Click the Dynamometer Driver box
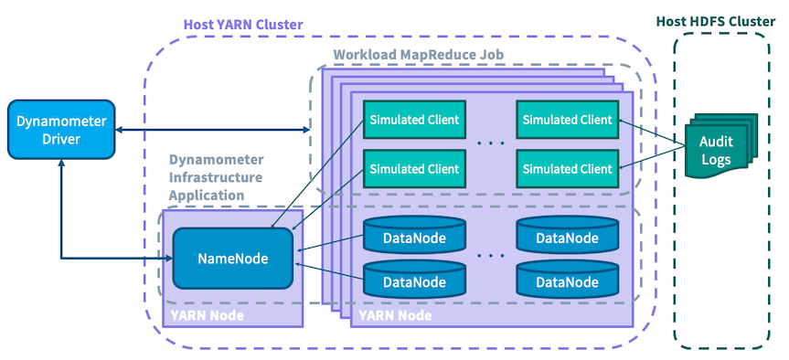point(60,129)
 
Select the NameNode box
point(233,259)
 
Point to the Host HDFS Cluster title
point(721,20)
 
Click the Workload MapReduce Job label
point(418,55)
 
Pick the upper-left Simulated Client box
point(413,120)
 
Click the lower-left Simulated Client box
point(413,168)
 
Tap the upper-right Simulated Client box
point(564,120)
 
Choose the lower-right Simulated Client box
point(564,168)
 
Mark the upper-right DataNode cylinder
point(563,237)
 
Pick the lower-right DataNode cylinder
point(563,281)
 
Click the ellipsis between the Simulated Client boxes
point(490,144)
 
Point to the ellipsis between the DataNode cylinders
point(490,258)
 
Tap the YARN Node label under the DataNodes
point(396,315)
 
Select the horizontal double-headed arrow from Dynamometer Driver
point(210,129)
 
